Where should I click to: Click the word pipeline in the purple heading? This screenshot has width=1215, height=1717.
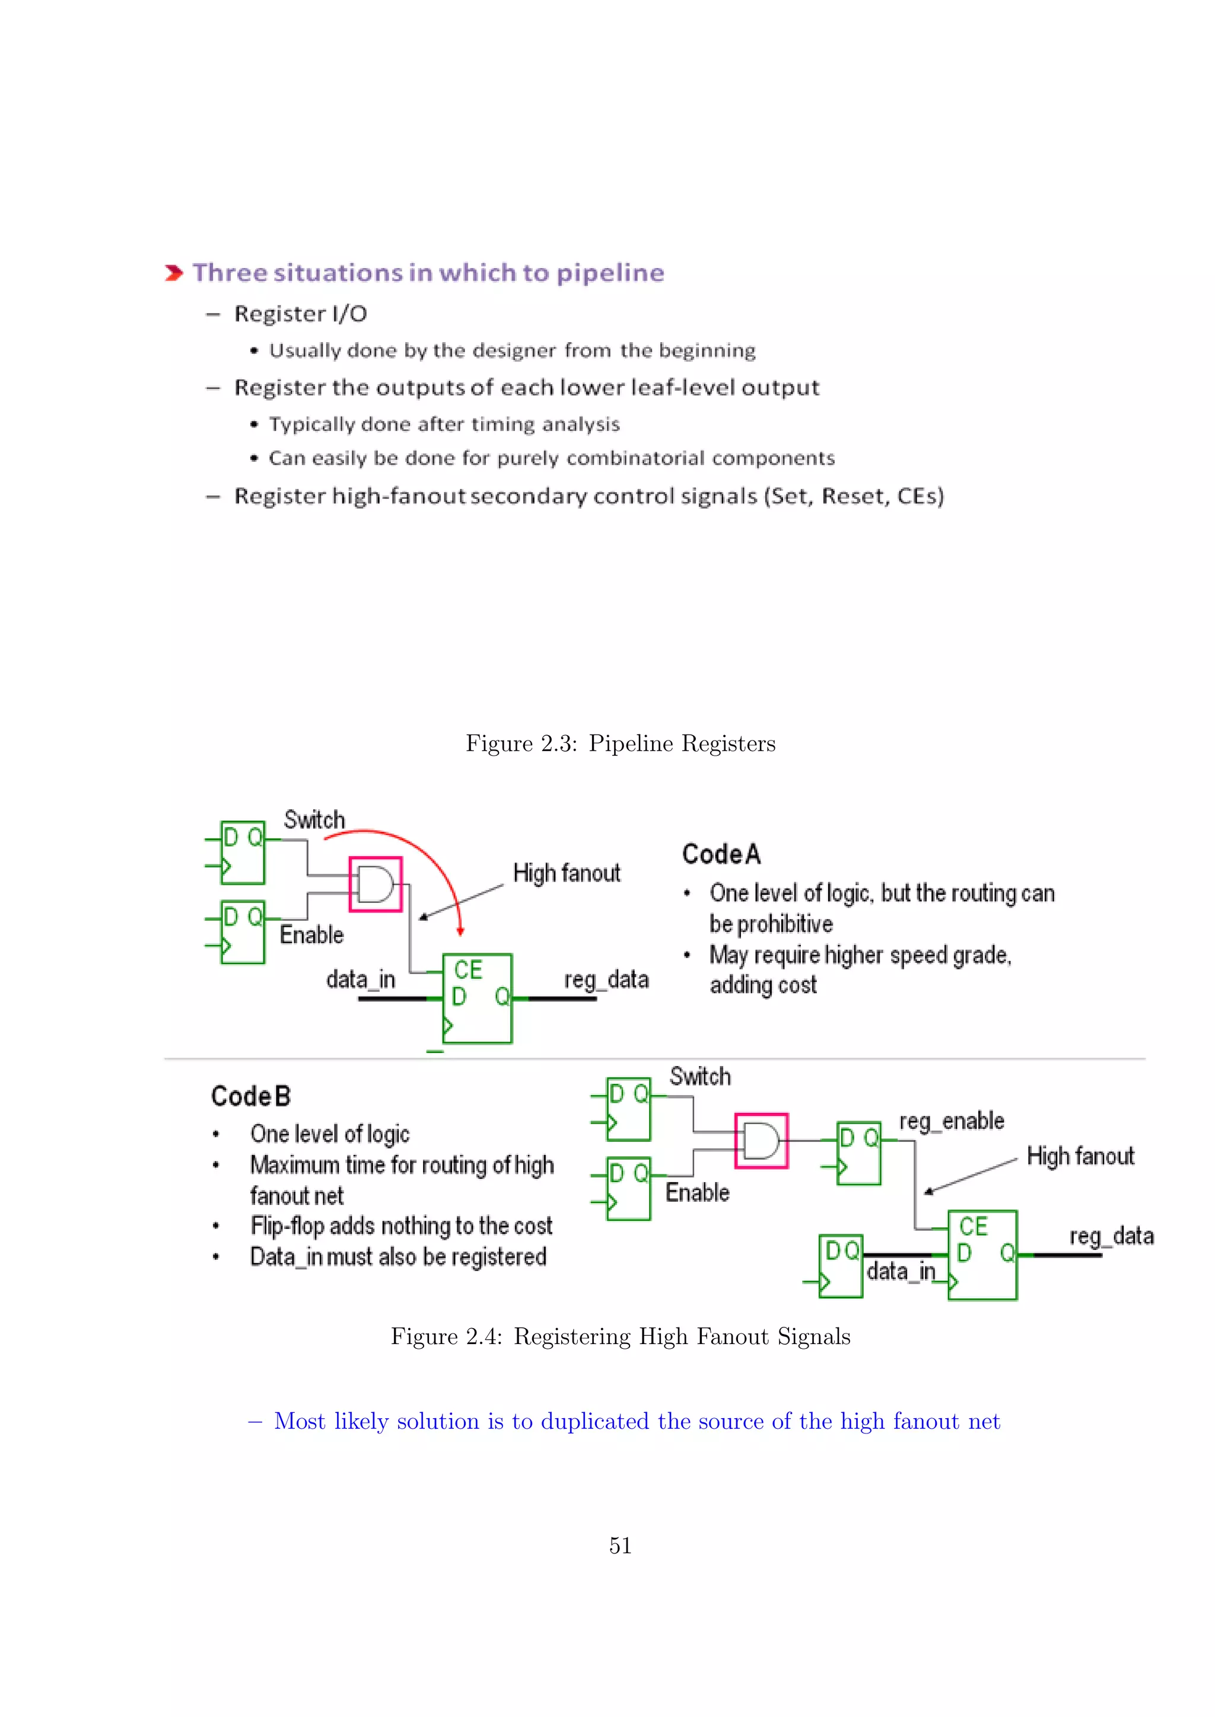tap(610, 273)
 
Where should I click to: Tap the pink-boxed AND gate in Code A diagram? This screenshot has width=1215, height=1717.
tap(376, 884)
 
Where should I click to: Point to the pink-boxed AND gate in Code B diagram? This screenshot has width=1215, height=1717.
tap(761, 1141)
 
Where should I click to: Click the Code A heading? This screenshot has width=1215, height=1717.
tap(721, 853)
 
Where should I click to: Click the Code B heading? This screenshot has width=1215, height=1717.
tap(250, 1096)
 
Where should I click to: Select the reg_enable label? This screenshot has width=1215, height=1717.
tap(951, 1121)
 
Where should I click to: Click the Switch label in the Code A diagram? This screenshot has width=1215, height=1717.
tap(314, 819)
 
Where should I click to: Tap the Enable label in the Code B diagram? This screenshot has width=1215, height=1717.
tap(697, 1192)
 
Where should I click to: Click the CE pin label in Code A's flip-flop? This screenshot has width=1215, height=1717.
tap(468, 970)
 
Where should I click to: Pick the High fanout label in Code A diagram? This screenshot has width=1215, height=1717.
tap(567, 873)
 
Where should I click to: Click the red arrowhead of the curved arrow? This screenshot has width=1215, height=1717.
tap(461, 930)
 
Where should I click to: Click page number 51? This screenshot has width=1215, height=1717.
tap(620, 1545)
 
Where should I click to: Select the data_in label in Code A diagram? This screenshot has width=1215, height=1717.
tap(361, 979)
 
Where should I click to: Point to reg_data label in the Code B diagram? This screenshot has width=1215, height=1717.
tap(1111, 1236)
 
